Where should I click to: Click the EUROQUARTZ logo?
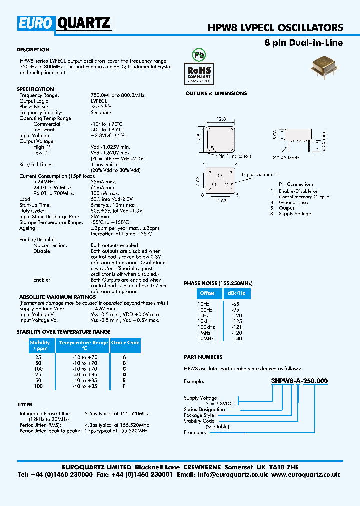tap(64, 23)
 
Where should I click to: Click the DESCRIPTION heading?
tap(33, 50)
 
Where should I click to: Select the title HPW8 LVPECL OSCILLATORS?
tap(275, 28)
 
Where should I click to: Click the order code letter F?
tap(124, 386)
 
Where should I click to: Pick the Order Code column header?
tap(125, 343)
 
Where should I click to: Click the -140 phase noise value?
tap(236, 339)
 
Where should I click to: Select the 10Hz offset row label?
tap(204, 304)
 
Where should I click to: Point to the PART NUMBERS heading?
tap(203, 357)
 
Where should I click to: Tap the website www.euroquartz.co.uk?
tap(306, 475)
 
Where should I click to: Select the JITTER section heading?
tap(24, 405)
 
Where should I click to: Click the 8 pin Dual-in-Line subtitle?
tap(303, 43)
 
